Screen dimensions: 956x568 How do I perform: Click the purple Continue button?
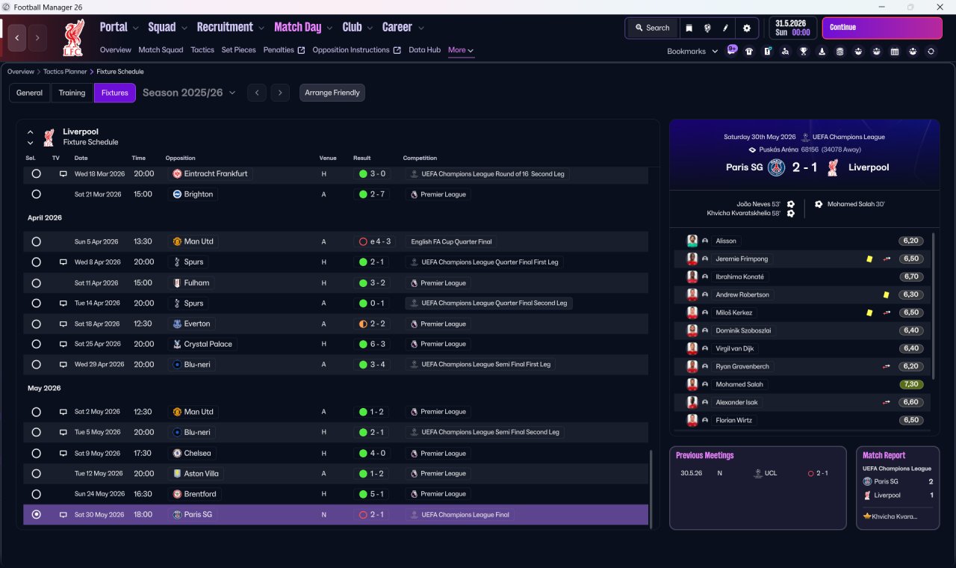[882, 28]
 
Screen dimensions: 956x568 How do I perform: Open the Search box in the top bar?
[653, 28]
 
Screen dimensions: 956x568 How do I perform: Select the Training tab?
[72, 93]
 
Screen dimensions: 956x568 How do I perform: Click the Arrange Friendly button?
[332, 93]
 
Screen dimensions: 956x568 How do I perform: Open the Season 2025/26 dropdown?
[189, 93]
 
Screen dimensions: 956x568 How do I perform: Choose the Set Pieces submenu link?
[238, 50]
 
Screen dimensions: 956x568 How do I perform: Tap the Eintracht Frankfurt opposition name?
[216, 174]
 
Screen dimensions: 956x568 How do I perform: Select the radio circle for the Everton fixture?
[37, 324]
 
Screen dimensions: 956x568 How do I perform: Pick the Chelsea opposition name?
[197, 454]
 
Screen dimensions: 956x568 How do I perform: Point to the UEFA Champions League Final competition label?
[465, 515]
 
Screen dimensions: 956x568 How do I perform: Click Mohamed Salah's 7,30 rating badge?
[910, 384]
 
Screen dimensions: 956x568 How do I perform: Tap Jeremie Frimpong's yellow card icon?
[869, 259]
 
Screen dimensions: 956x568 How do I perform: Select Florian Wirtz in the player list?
[733, 420]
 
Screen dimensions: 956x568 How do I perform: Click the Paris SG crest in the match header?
[776, 167]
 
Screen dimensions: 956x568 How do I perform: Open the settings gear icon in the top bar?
[746, 28]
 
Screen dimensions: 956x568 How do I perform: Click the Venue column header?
[328, 158]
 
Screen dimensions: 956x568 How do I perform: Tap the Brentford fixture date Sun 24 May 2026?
[99, 494]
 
